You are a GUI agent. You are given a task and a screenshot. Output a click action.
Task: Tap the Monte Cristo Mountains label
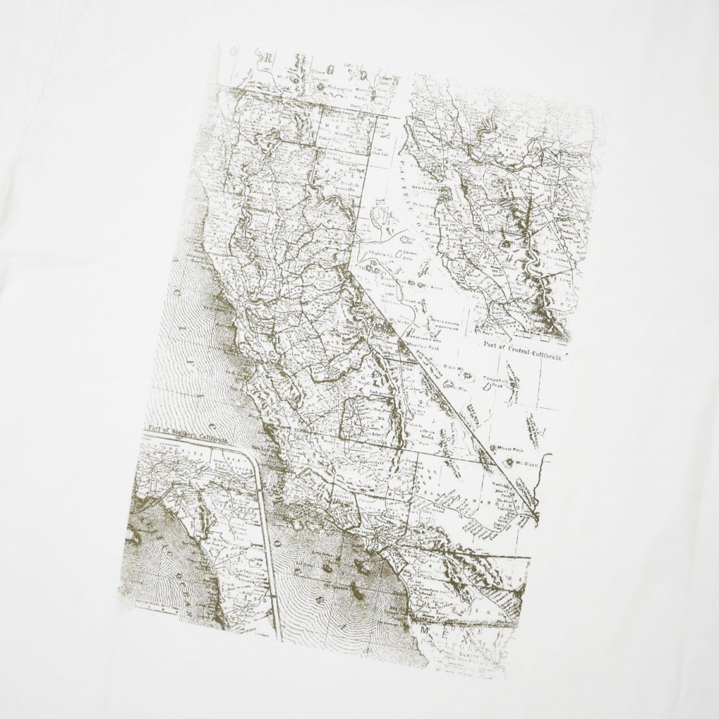445,324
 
